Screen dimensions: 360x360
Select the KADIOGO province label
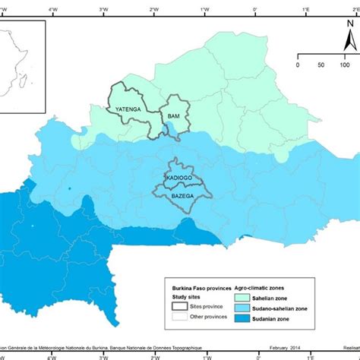tap(179, 177)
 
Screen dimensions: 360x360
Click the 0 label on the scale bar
tap(298, 65)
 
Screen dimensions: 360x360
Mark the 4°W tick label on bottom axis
tap(52, 354)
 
